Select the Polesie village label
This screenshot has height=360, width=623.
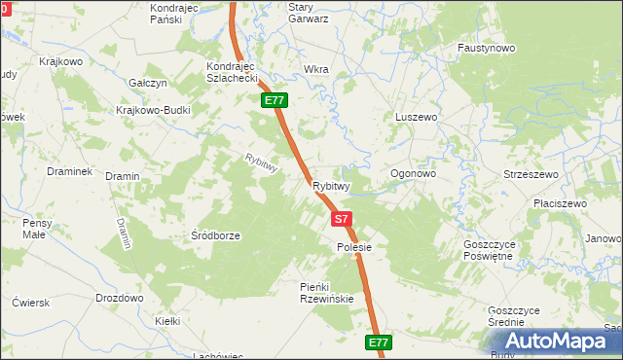click(x=348, y=248)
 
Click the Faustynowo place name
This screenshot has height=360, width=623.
click(x=487, y=48)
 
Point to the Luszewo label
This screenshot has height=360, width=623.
click(x=416, y=117)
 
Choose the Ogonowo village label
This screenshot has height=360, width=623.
click(x=413, y=174)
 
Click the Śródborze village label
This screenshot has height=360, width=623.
click(x=216, y=235)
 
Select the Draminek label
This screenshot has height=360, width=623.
click(x=69, y=171)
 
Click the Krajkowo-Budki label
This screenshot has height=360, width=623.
click(x=153, y=110)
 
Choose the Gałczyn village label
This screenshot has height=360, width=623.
click(x=149, y=84)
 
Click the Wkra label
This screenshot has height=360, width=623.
click(x=316, y=70)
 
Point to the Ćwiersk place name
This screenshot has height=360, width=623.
click(x=29, y=303)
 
